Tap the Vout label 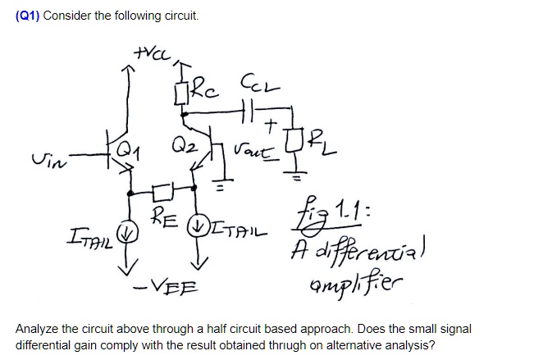click(249, 150)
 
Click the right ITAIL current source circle click(195, 221)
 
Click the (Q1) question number click(28, 16)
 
